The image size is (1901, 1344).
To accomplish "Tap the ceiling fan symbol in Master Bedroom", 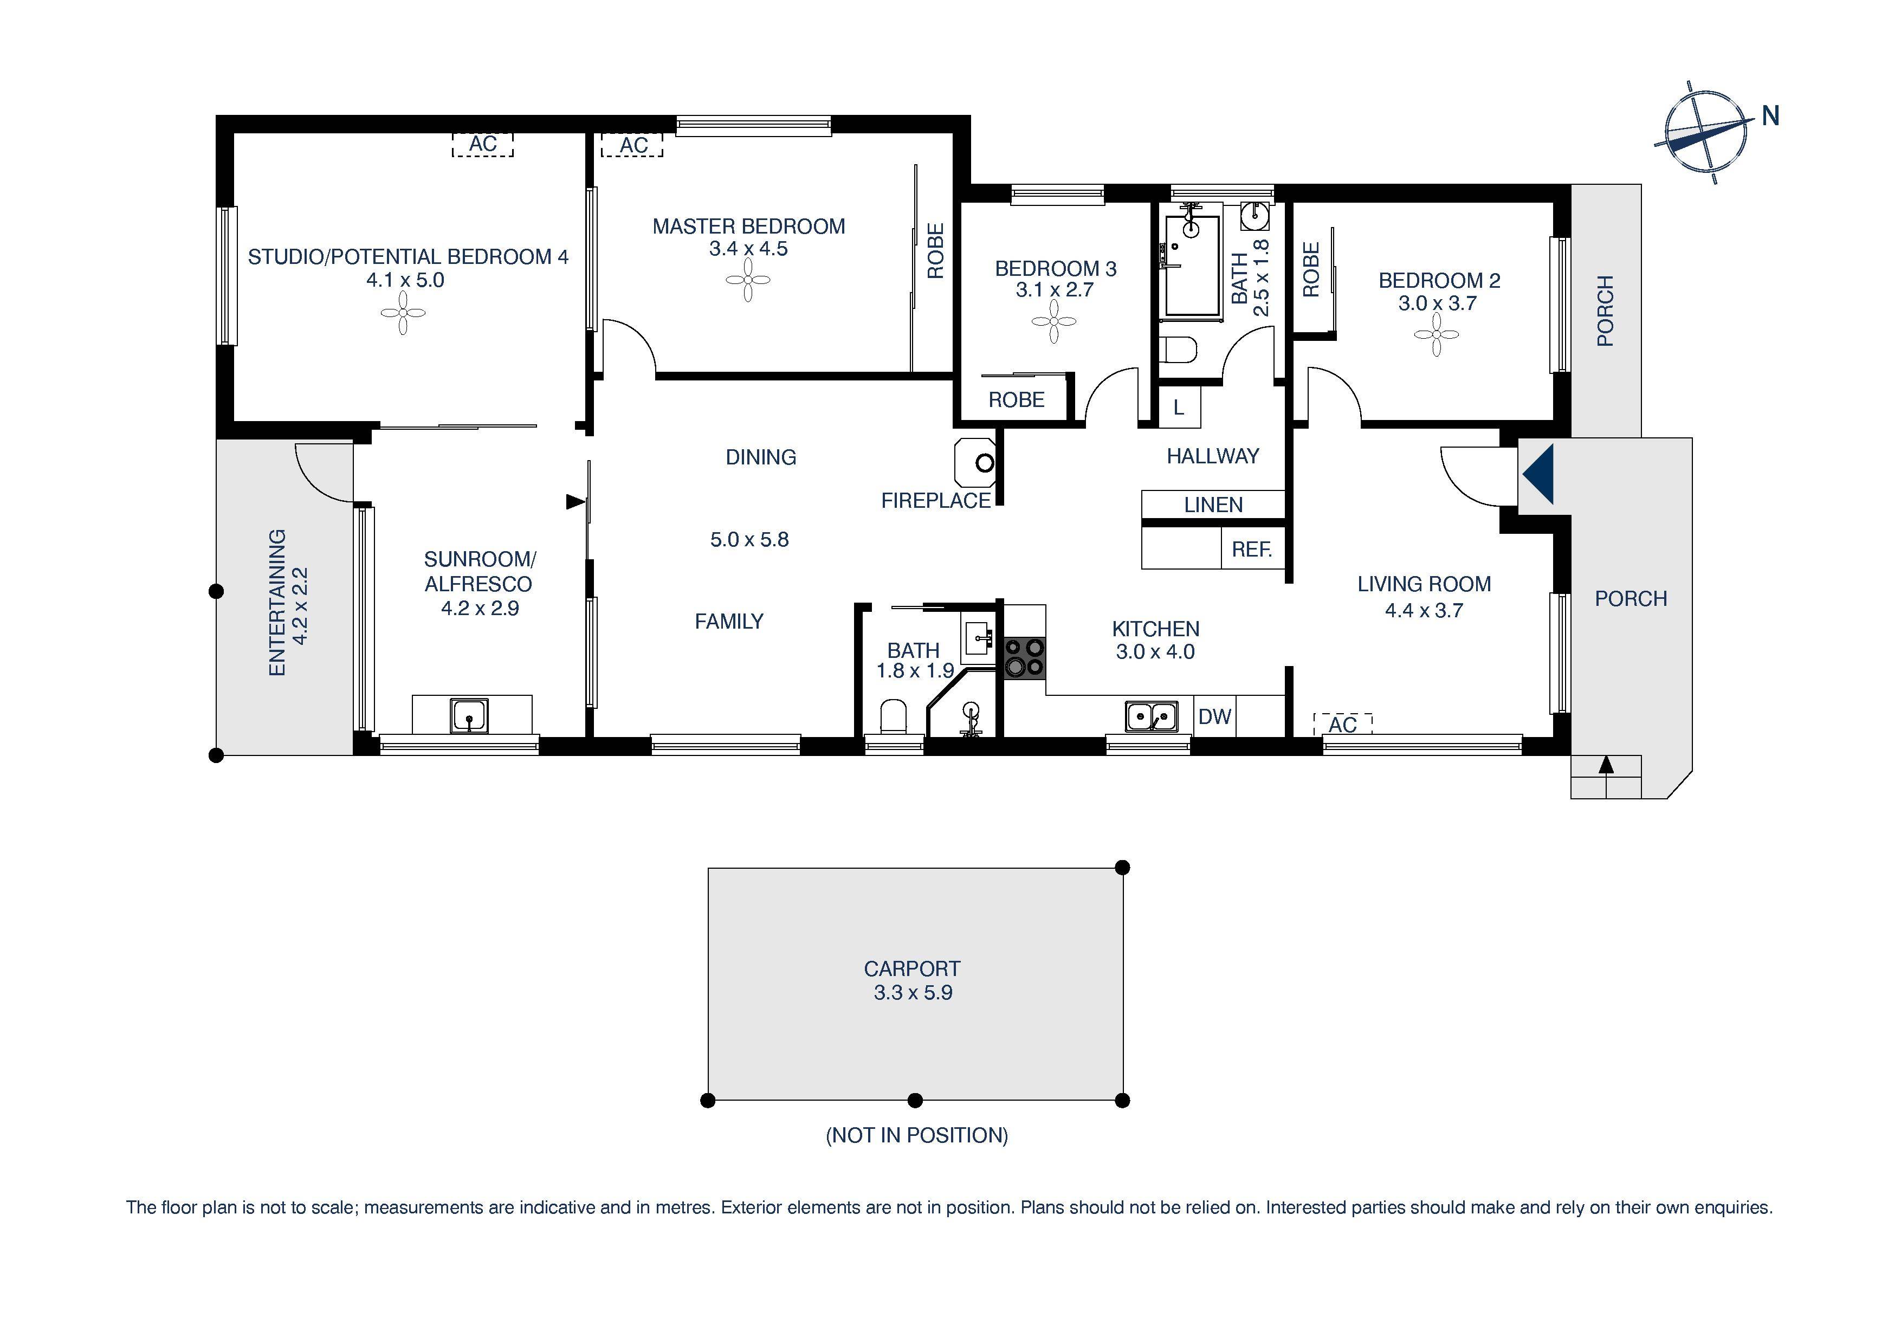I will coord(748,280).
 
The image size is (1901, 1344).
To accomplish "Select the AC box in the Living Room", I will coord(1342,725).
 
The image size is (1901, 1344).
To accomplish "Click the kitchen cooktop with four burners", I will coord(1024,658).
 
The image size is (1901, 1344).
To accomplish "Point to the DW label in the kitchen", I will coord(1214,716).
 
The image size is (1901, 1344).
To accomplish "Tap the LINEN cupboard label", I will coord(1213,505).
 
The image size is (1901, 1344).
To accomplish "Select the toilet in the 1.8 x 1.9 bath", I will coord(893,716).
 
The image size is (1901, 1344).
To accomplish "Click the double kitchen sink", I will coord(1151,716).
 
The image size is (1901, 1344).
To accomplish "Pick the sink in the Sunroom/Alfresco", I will coord(469,715).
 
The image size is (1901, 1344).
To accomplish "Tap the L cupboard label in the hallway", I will coord(1178,408).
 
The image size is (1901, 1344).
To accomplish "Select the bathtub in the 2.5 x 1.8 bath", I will coord(1192,265).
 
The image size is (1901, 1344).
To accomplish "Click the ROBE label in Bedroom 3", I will coord(1016,400).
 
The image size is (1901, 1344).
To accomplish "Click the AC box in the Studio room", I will coord(483,144).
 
